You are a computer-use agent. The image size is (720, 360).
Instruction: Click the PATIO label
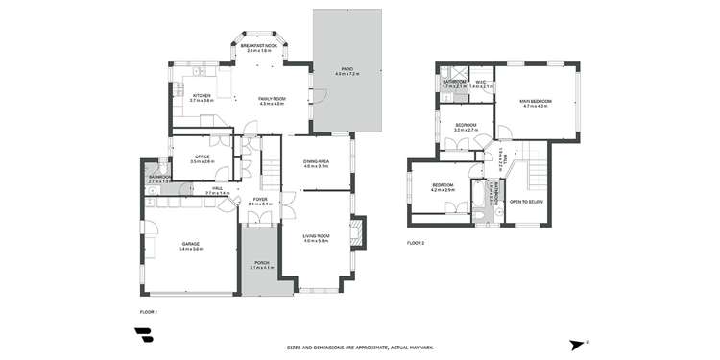(347, 70)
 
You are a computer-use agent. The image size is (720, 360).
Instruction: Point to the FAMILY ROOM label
(272, 100)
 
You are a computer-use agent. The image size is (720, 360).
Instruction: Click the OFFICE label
(202, 158)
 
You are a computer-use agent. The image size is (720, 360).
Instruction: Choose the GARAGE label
(190, 246)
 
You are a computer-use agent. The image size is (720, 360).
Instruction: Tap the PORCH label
(261, 265)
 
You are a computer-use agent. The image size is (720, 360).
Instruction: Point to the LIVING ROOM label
(316, 236)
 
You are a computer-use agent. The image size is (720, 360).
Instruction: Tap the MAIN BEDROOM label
(535, 102)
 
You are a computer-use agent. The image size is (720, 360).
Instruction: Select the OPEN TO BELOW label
(527, 202)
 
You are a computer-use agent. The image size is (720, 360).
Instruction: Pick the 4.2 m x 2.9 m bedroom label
(442, 186)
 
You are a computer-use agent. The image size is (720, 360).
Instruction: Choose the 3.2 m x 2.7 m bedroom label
(466, 125)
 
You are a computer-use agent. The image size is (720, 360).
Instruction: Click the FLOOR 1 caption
(148, 312)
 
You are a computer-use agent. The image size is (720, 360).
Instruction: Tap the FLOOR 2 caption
(415, 242)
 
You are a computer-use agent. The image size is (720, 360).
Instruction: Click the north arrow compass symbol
(577, 345)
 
